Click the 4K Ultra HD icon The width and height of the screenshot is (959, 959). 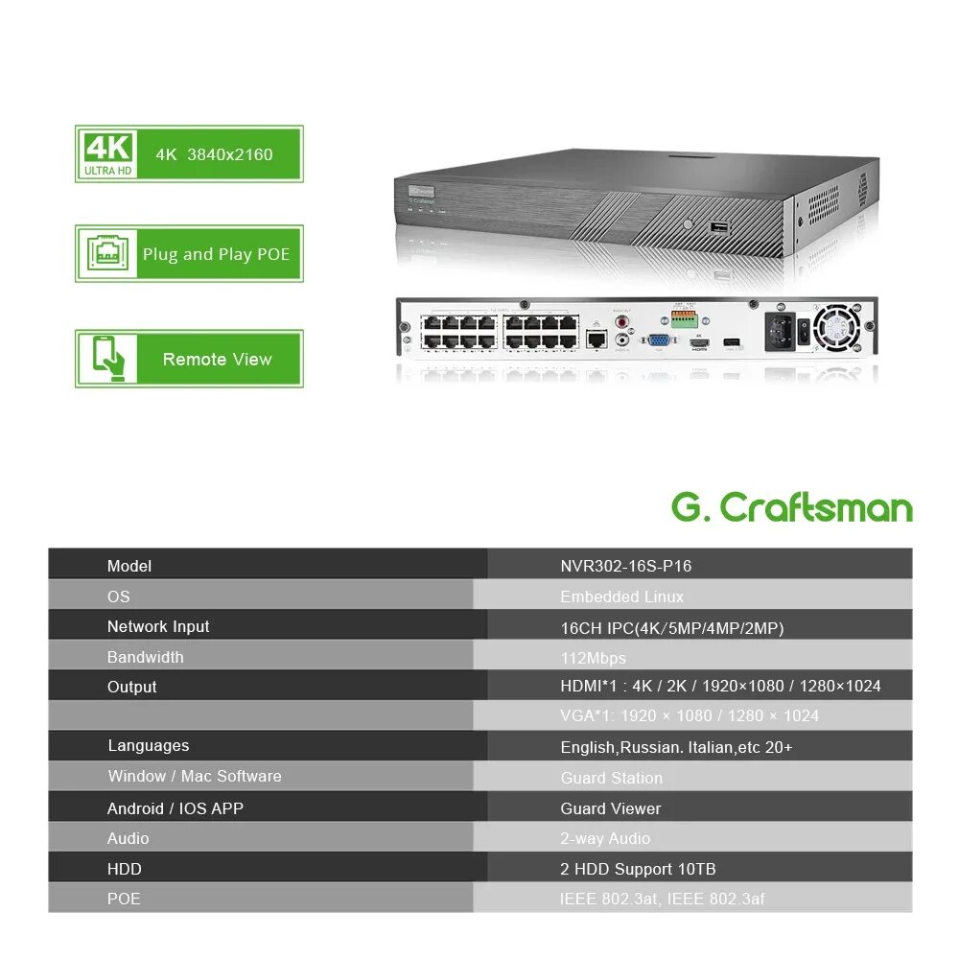[x=107, y=153]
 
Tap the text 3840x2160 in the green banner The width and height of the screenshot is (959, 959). [x=230, y=154]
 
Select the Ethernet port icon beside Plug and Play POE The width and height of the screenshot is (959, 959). [x=107, y=254]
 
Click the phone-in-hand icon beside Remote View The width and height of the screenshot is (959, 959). [x=107, y=359]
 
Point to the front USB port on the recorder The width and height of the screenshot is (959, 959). [x=718, y=227]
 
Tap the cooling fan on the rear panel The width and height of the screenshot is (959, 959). [x=833, y=328]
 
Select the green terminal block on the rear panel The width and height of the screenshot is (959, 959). [x=684, y=320]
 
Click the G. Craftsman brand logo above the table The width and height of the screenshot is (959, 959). [x=792, y=507]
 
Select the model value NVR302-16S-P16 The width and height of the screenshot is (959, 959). [x=625, y=566]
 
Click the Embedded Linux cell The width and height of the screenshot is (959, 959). [x=621, y=596]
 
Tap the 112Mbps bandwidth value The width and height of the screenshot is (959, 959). [x=593, y=658]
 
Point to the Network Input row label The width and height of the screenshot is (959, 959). [x=158, y=626]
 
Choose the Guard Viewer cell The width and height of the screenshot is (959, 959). [x=611, y=808]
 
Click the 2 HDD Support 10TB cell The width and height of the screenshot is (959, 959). [x=638, y=869]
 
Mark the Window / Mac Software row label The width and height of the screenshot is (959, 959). [x=195, y=776]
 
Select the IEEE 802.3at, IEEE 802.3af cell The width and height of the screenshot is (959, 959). [x=662, y=899]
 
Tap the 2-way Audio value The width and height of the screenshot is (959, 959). [x=605, y=838]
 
